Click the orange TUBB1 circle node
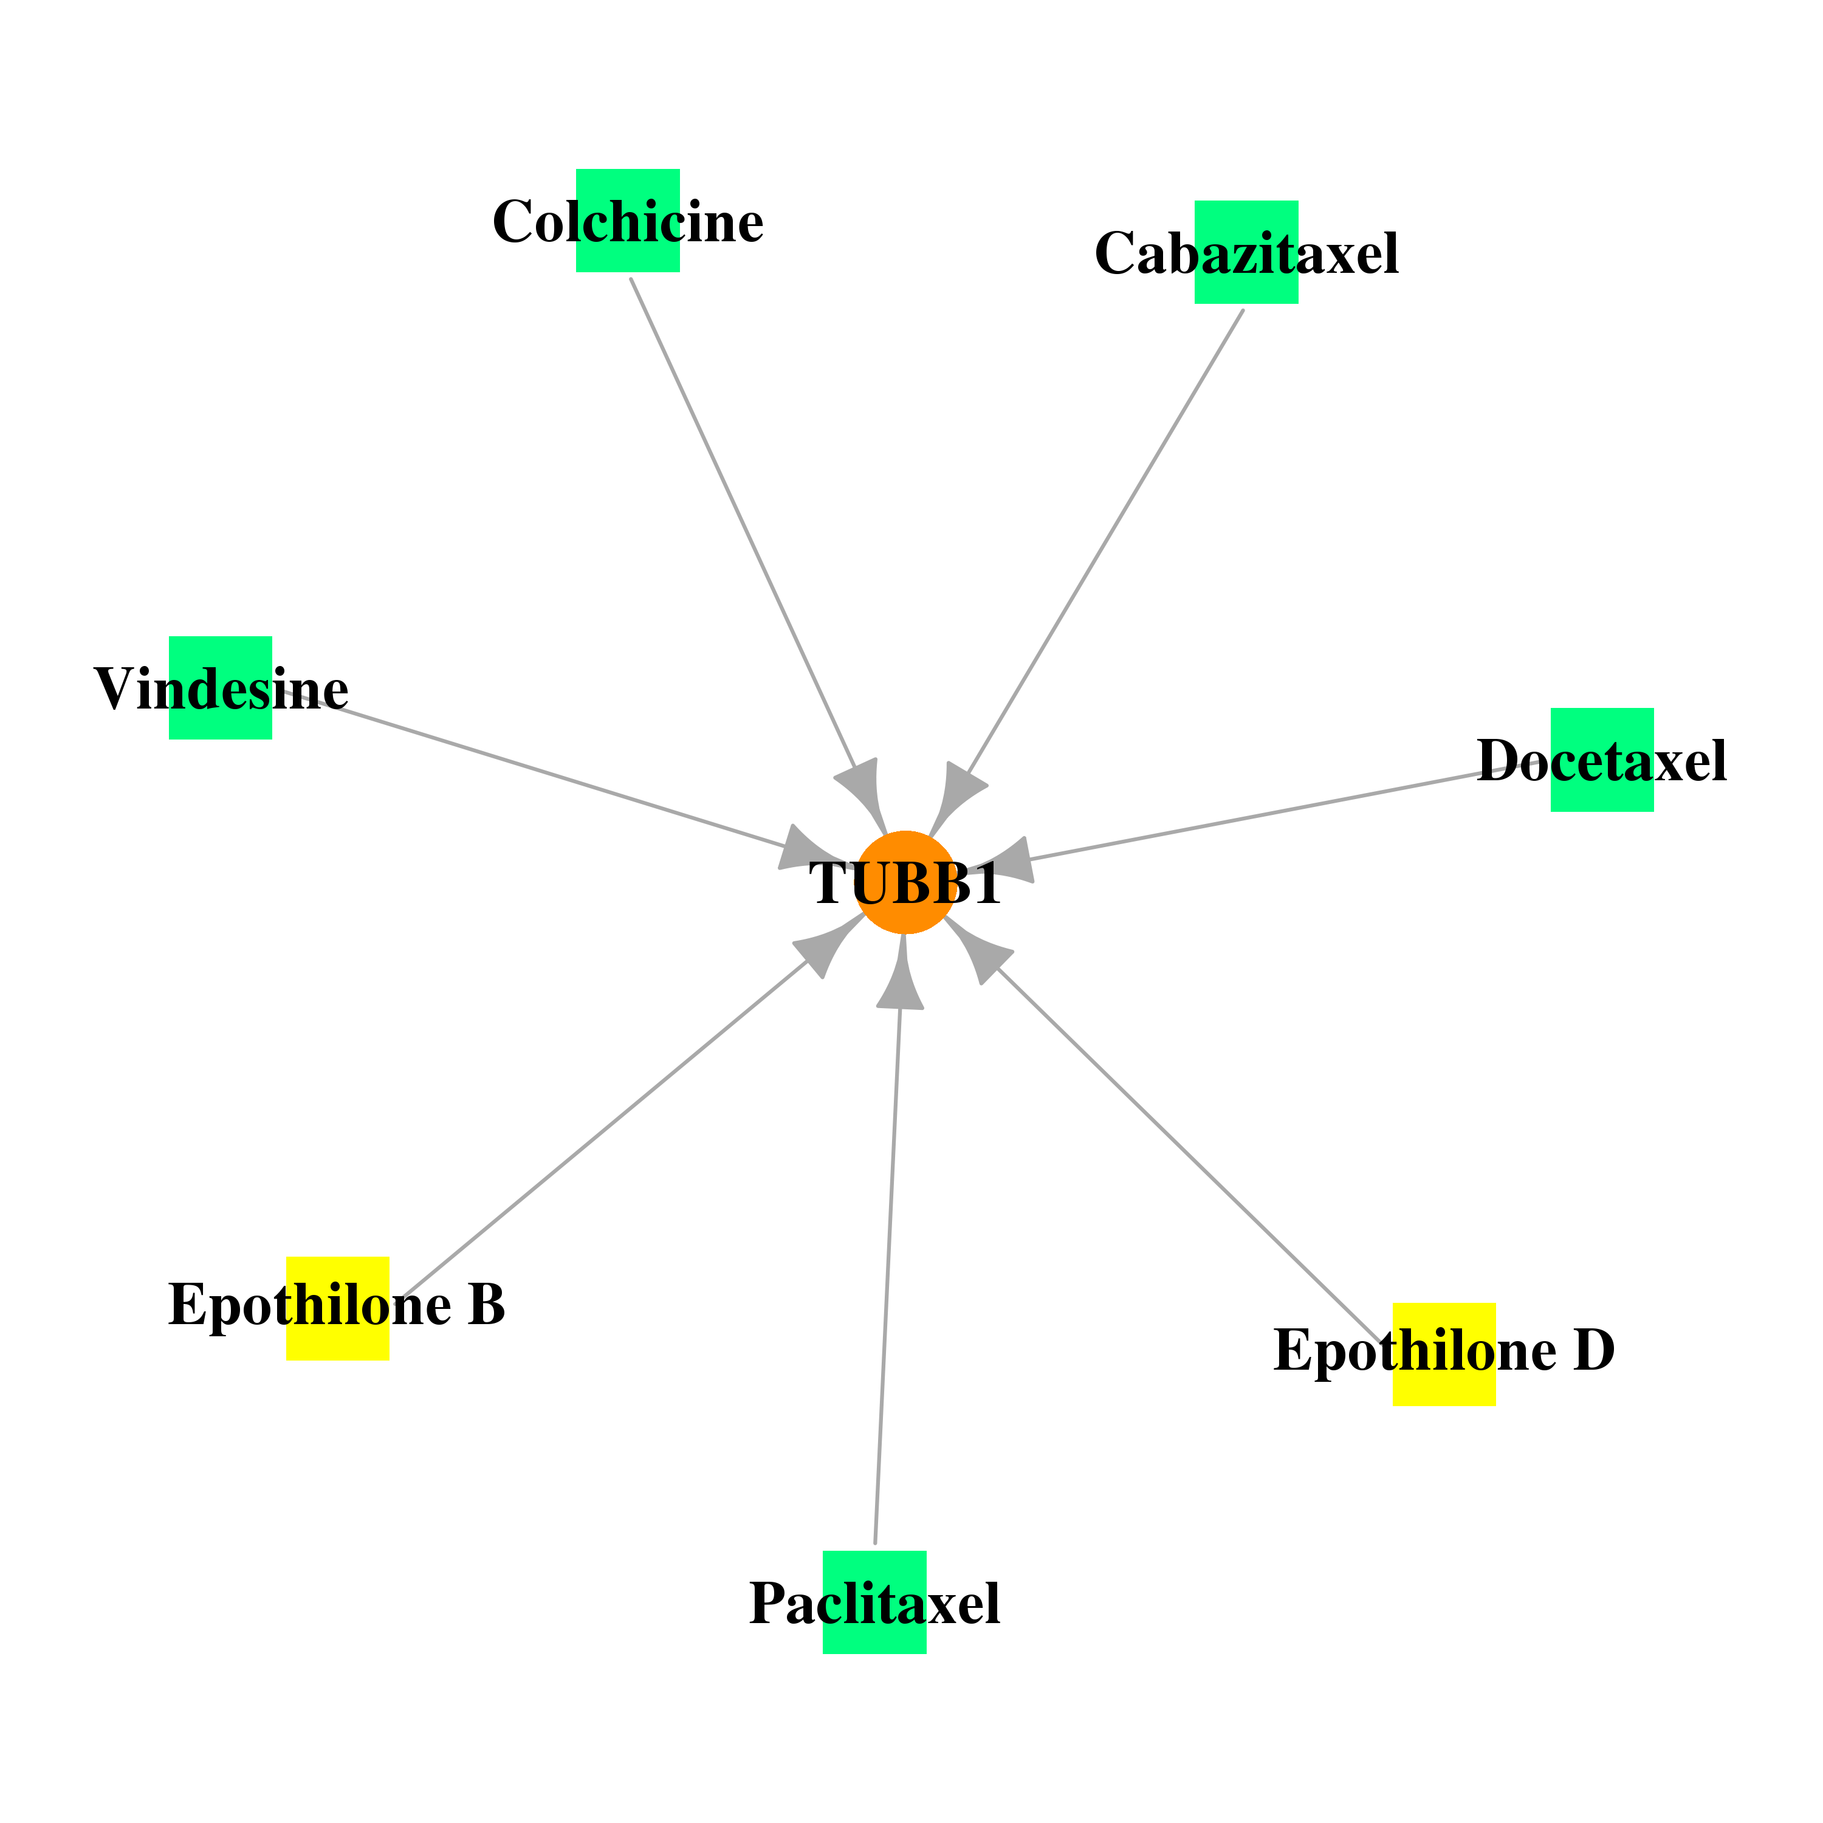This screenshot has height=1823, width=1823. pos(905,882)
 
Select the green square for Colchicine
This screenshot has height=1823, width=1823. pos(628,221)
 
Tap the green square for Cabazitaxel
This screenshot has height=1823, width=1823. pos(1246,252)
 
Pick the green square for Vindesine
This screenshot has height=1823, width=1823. pos(221,688)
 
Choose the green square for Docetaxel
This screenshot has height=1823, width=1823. pos(1602,760)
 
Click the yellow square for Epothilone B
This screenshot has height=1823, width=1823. pos(338,1308)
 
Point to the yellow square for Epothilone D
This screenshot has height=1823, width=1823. pos(1444,1354)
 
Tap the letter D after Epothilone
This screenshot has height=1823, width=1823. pos(1595,1350)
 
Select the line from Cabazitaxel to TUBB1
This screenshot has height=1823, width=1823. pos(1106,541)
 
